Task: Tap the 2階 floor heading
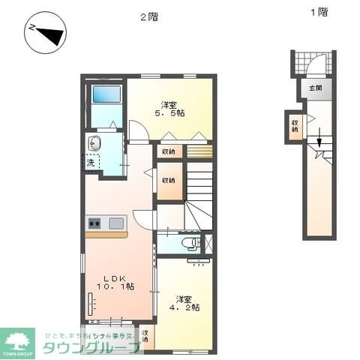coord(149,16)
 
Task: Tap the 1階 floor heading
coord(319,11)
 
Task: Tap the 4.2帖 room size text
coord(183,307)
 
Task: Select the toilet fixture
coord(190,243)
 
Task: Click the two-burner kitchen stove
coord(95,223)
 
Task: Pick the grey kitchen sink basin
coord(117,223)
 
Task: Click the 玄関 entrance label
coord(313,88)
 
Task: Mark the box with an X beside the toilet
coord(208,243)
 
